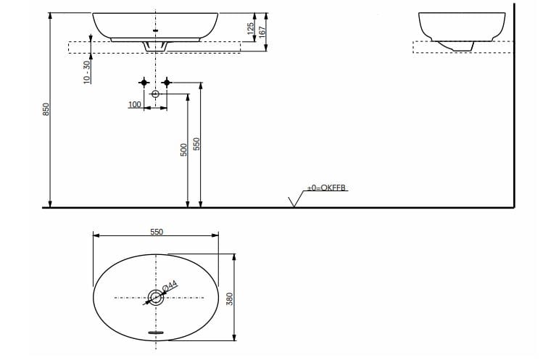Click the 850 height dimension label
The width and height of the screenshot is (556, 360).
pyautogui.click(x=45, y=109)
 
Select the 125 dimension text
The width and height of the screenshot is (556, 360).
pyautogui.click(x=251, y=29)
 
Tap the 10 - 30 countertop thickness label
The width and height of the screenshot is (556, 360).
pyautogui.click(x=87, y=72)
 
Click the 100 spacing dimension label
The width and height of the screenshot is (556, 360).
pyautogui.click(x=135, y=105)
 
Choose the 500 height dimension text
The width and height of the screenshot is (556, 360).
pyautogui.click(x=185, y=149)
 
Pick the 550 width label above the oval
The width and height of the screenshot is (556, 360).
pyautogui.click(x=157, y=232)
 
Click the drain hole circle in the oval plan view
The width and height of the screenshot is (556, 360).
pyautogui.click(x=155, y=296)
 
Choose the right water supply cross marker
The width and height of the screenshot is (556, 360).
pyautogui.click(x=167, y=83)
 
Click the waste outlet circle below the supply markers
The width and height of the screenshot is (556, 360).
pyautogui.click(x=155, y=94)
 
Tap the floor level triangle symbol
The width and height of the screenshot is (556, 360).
pyautogui.click(x=294, y=201)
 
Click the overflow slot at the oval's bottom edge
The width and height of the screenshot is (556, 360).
pyautogui.click(x=156, y=332)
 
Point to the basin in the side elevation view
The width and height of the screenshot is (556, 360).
pyautogui.click(x=462, y=27)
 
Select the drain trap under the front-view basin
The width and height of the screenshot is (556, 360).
pyautogui.click(x=156, y=46)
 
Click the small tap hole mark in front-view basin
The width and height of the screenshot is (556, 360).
pyautogui.click(x=156, y=30)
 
